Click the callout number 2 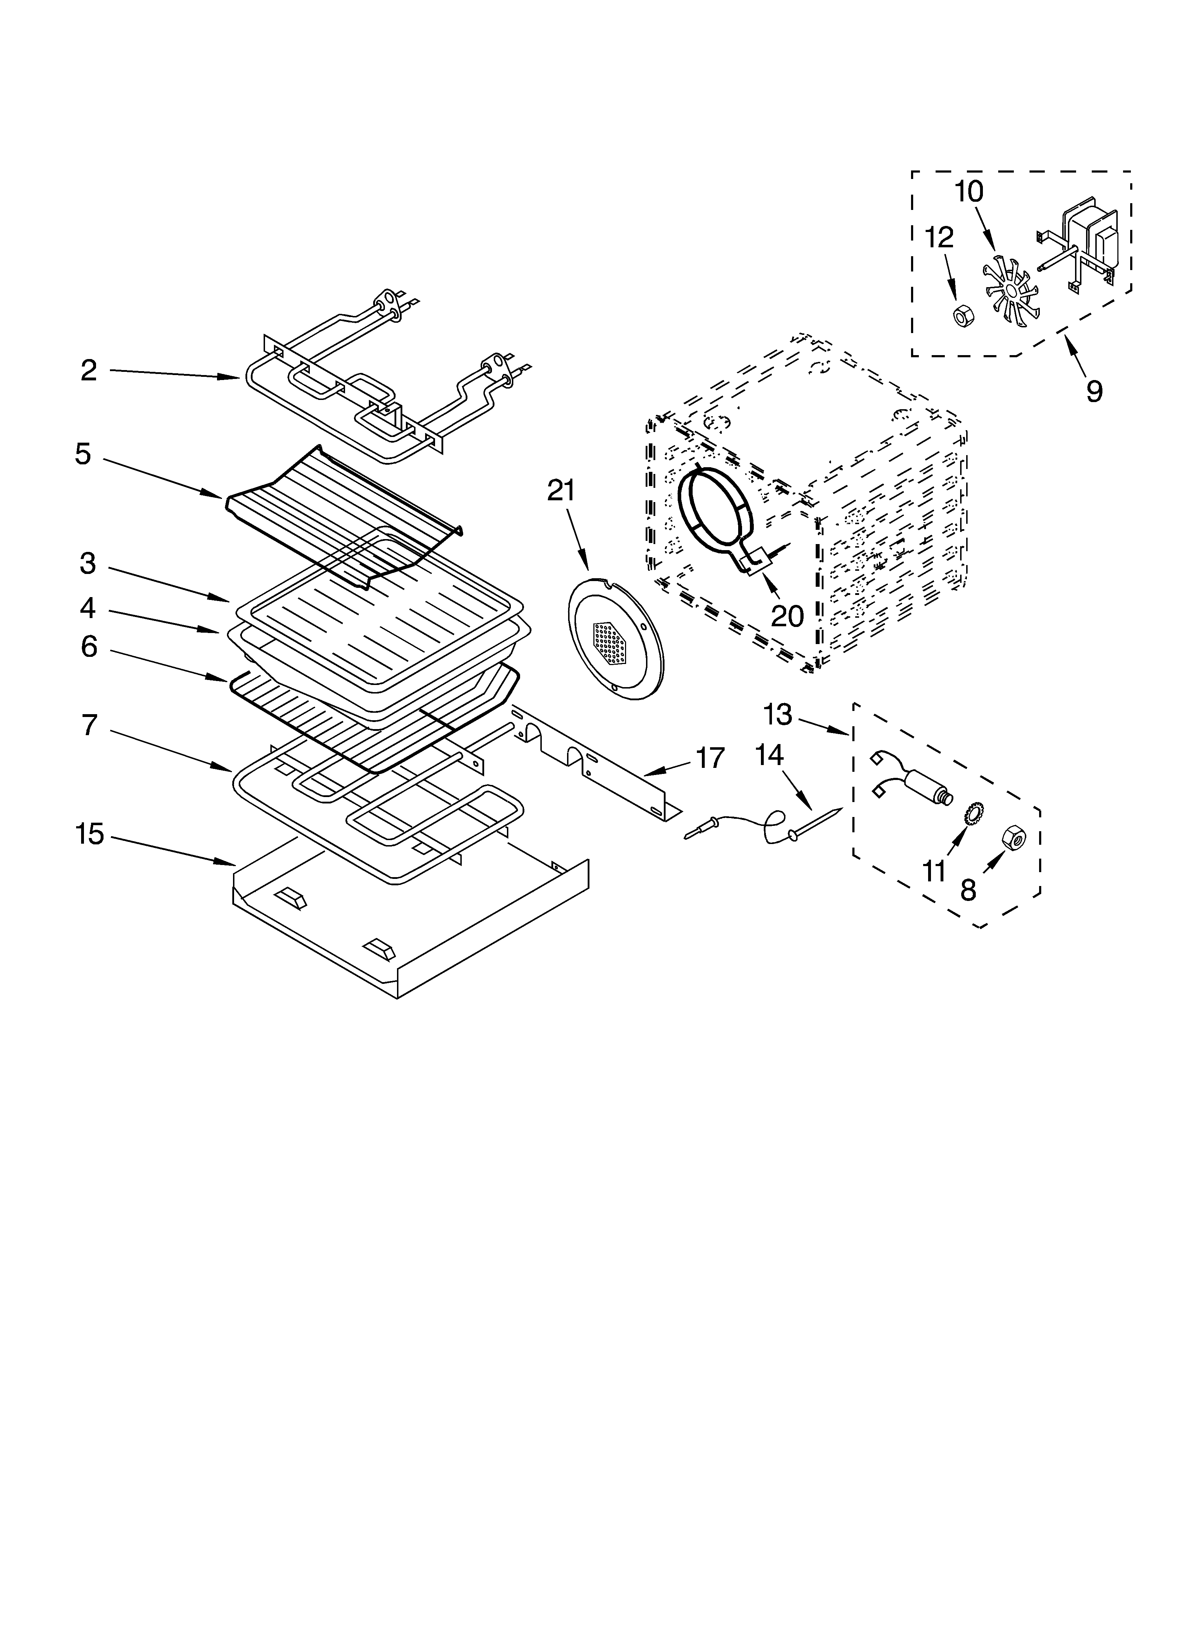tap(89, 371)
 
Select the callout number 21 tap(561, 491)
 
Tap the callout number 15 tap(90, 834)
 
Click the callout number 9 tap(1094, 392)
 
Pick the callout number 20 tap(787, 616)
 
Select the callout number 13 tap(778, 715)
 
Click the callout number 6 tap(89, 646)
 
